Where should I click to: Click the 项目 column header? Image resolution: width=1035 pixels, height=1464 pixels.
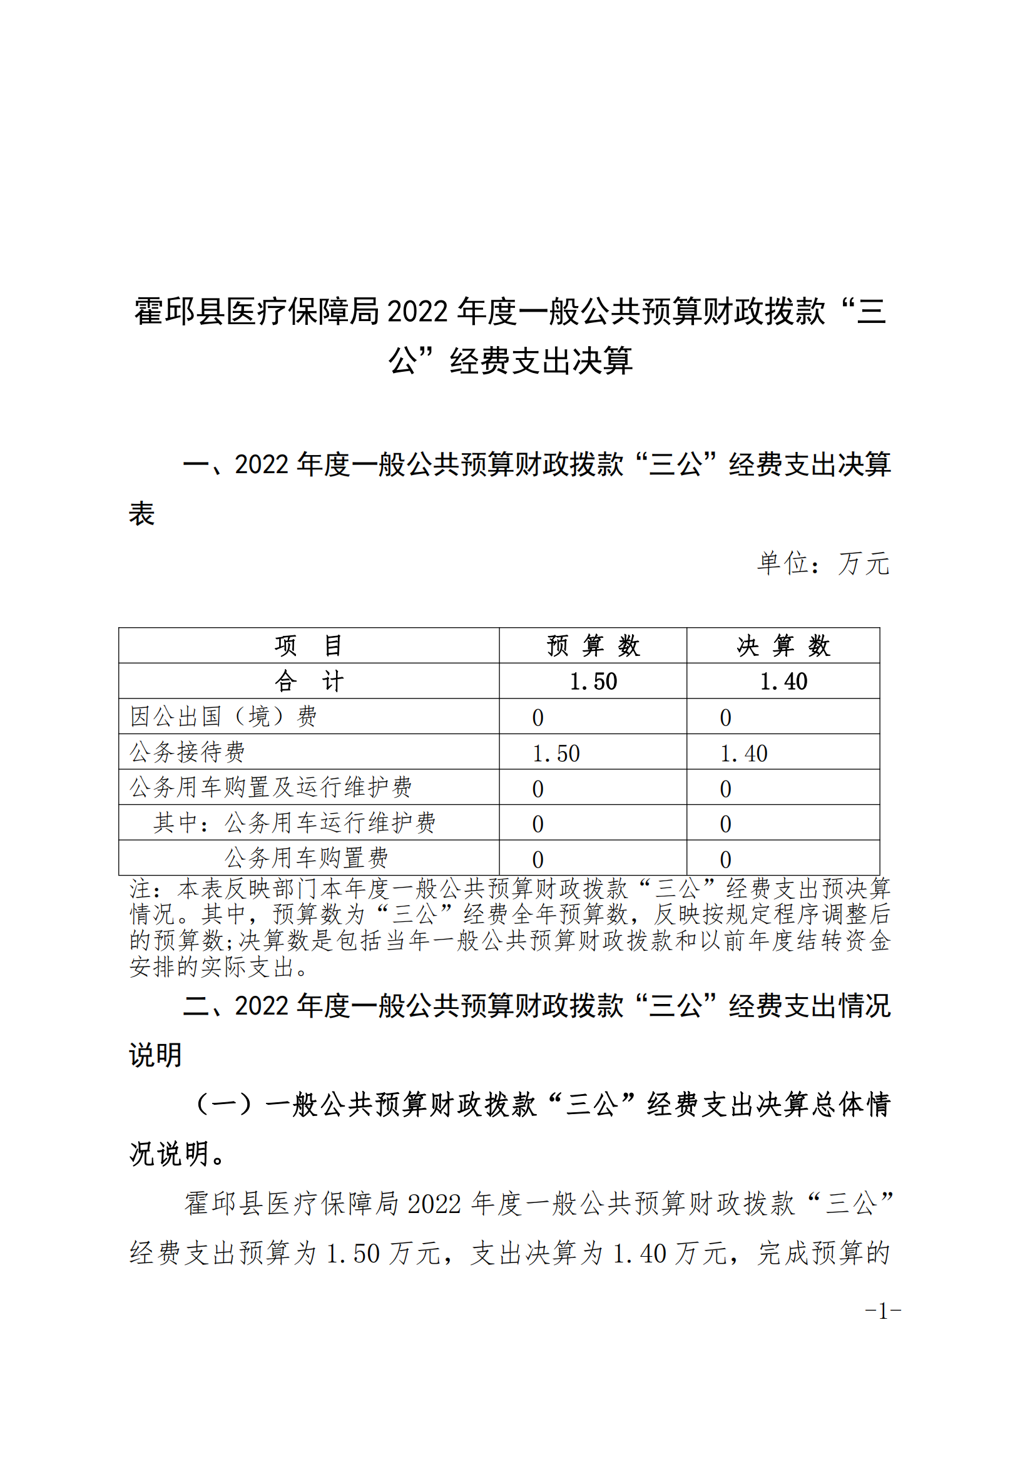(x=308, y=645)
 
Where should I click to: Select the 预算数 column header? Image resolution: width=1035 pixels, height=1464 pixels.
(x=593, y=645)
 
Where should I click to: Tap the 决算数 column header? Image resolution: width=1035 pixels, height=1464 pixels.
(x=783, y=645)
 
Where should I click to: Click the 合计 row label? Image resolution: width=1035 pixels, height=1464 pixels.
(x=308, y=681)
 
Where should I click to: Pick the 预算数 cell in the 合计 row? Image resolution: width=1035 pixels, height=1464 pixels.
(x=593, y=682)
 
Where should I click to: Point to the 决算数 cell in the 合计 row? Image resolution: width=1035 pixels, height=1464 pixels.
(x=783, y=682)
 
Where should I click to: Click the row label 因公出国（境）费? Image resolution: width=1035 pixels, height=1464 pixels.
(x=223, y=716)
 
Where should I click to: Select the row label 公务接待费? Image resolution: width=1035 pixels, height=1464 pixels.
(x=187, y=752)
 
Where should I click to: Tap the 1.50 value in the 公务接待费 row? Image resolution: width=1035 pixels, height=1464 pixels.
(x=556, y=754)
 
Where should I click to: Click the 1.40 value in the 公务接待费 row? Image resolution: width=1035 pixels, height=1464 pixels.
(x=744, y=754)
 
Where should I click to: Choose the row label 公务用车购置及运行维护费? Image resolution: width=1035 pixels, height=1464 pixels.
(x=271, y=787)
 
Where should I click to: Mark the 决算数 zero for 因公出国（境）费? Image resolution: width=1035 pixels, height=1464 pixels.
(x=725, y=718)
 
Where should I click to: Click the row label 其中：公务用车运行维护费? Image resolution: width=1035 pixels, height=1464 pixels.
(x=295, y=822)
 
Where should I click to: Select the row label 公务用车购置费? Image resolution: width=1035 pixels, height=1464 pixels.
(x=306, y=857)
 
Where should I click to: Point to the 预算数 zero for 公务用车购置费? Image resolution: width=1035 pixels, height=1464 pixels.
(x=538, y=859)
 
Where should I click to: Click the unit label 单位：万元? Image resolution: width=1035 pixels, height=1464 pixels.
(x=823, y=563)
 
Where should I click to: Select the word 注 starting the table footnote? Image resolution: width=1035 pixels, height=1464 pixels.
(x=140, y=888)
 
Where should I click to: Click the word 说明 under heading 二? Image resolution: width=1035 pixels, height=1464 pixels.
(x=156, y=1055)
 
